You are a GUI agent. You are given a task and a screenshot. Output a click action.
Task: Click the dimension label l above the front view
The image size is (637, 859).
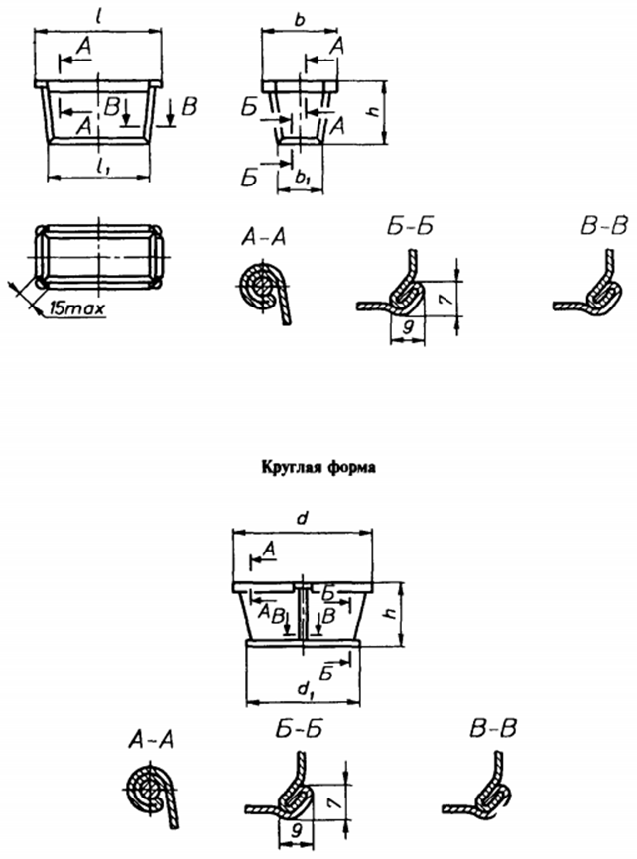click(98, 17)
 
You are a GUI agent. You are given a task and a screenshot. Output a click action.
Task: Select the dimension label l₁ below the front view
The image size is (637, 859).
click(101, 169)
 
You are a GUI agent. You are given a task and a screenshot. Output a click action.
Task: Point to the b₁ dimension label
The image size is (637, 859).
click(302, 177)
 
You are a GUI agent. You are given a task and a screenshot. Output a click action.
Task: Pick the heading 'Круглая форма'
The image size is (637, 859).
click(318, 467)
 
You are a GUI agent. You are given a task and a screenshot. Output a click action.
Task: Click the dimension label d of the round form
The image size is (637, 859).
click(303, 518)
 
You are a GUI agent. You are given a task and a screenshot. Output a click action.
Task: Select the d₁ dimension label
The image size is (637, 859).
click(305, 689)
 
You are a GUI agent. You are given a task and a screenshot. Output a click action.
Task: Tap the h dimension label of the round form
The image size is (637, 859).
click(390, 611)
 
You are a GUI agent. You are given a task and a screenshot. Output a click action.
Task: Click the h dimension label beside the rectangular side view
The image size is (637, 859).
click(374, 111)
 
